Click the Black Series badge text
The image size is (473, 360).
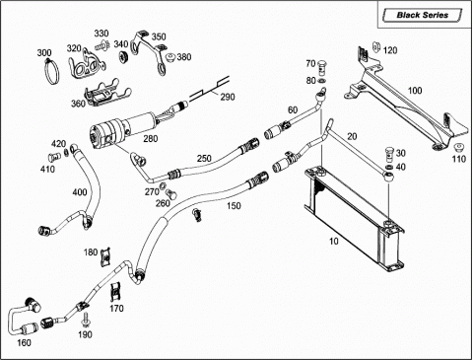click(x=422, y=15)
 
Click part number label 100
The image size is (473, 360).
click(x=415, y=91)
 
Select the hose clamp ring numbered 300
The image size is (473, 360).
click(x=51, y=71)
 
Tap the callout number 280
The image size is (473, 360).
click(x=151, y=139)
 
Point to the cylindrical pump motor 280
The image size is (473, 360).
click(x=124, y=129)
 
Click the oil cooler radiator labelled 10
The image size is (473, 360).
click(x=354, y=218)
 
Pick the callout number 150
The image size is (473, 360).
click(x=234, y=206)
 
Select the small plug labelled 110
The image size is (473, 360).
click(x=458, y=147)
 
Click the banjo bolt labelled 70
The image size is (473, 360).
click(x=322, y=67)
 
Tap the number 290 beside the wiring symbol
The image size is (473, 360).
click(x=228, y=97)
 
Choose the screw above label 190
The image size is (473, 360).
click(x=87, y=319)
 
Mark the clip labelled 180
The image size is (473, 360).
click(x=105, y=256)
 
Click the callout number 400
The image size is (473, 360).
click(x=80, y=192)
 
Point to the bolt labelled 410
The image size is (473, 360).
click(x=52, y=157)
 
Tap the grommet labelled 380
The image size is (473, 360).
click(x=170, y=58)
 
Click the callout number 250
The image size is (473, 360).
click(x=204, y=159)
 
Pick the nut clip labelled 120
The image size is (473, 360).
click(x=376, y=46)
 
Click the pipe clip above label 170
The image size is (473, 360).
click(x=115, y=291)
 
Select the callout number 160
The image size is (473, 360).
click(x=24, y=343)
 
